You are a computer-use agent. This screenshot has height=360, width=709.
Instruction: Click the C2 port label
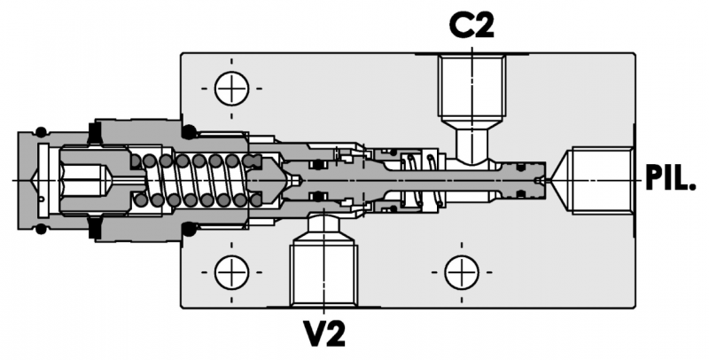coord(471,26)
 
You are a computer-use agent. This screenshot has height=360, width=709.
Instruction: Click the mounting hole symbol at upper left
coord(232,88)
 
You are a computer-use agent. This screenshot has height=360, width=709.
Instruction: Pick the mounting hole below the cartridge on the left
coord(232,270)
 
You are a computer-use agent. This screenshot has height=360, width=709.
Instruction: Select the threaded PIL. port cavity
coord(603,181)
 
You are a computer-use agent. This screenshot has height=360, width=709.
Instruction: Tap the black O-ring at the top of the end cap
coord(42,130)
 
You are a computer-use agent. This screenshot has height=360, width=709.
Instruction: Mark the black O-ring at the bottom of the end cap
coord(42,231)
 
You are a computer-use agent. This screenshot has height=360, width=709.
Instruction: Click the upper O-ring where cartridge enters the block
coord(189,132)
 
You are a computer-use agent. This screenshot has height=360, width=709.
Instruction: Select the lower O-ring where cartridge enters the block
coord(189,231)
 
